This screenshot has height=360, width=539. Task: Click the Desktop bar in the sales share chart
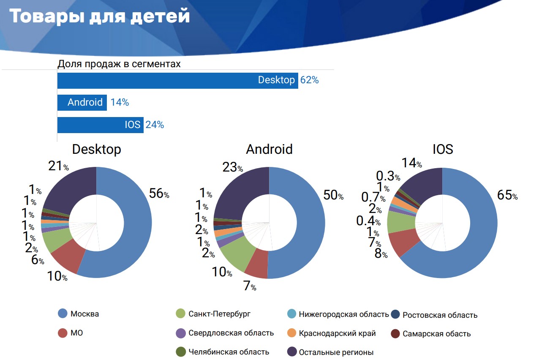click(177, 80)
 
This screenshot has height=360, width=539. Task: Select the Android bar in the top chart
click(82, 102)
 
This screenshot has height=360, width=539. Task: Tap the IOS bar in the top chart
click(101, 125)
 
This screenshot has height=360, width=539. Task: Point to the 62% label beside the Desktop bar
click(309, 80)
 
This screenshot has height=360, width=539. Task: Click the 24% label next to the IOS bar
click(155, 125)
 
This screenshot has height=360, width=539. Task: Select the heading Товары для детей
click(100, 16)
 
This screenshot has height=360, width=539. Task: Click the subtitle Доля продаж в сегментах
click(119, 64)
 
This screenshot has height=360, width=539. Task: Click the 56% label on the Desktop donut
click(159, 194)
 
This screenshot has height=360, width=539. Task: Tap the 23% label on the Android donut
click(232, 167)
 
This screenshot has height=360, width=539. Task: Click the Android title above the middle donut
click(269, 149)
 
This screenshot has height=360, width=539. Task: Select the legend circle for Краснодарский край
click(291, 333)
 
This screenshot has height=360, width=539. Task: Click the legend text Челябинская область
click(229, 352)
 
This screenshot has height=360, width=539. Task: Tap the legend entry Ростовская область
click(440, 315)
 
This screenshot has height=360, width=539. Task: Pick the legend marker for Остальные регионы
click(291, 352)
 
